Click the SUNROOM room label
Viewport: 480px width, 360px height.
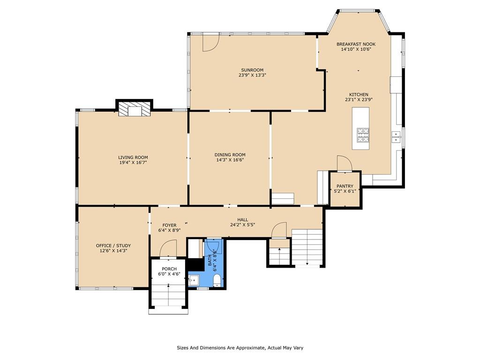252,70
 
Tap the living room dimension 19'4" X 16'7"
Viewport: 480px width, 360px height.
133,163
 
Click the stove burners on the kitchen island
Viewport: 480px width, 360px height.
363,135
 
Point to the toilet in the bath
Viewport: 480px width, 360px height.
217,280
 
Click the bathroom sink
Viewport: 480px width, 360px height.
194,280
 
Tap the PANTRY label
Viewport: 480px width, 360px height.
345,186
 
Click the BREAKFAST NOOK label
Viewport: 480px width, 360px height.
356,44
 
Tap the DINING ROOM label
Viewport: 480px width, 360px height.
230,155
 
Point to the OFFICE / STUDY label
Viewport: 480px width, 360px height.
113,246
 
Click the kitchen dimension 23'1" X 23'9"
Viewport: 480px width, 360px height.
359,99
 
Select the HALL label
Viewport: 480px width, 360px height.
243,219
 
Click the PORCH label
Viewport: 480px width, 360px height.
169,269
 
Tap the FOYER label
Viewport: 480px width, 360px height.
169,225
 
